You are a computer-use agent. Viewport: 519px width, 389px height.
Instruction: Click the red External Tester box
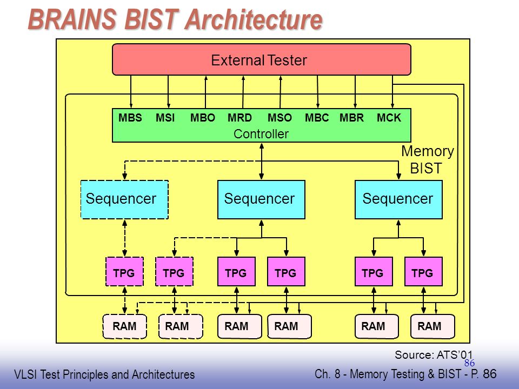coord(262,59)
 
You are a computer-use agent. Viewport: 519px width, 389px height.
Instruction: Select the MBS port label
coord(130,118)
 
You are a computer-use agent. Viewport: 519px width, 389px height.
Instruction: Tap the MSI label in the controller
coord(165,118)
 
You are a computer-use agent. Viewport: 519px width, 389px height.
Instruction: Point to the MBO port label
coord(203,118)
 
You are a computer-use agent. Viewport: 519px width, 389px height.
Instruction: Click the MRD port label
coord(239,118)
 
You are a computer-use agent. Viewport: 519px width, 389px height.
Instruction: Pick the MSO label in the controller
coord(280,118)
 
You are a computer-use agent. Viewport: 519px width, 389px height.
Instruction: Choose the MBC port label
coord(317,118)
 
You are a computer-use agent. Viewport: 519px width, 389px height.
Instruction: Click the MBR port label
coord(351,118)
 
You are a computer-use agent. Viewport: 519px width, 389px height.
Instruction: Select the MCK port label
coord(389,118)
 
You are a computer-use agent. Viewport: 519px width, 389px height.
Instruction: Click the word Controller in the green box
coord(261,134)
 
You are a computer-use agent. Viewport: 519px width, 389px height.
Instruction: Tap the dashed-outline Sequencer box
coord(124,199)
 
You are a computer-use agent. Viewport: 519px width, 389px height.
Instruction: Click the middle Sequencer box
coord(261,199)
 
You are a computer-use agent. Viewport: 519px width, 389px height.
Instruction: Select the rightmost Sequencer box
coord(398,199)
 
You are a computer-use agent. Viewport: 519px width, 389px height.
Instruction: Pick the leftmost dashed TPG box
coord(124,272)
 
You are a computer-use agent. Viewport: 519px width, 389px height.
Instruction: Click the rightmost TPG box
coord(423,272)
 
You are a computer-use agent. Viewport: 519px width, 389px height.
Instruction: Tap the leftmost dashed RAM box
coord(124,326)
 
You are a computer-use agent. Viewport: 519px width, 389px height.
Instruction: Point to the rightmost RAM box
coord(432,326)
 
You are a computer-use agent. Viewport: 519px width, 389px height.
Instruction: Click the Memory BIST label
coord(427,160)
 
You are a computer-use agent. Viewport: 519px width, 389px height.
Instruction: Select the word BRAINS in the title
coord(72,19)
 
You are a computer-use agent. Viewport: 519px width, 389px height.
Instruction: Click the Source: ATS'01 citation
coord(434,354)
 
